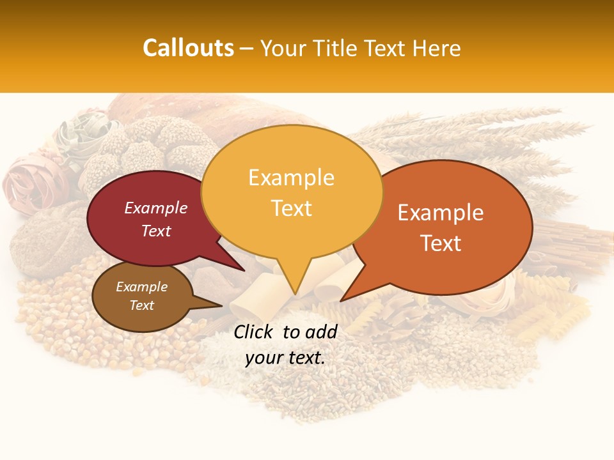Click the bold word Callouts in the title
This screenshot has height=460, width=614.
pyautogui.click(x=188, y=48)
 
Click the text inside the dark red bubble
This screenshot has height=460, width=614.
pyautogui.click(x=156, y=219)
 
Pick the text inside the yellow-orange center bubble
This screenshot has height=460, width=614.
pyautogui.click(x=292, y=193)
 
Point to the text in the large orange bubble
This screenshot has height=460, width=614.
pyautogui.click(x=441, y=227)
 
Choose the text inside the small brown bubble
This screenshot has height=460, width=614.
pyautogui.click(x=142, y=296)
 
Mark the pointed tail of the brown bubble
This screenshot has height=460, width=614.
pyautogui.click(x=214, y=305)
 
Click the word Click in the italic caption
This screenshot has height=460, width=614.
pyautogui.click(x=254, y=332)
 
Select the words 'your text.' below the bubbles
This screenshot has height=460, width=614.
pyautogui.click(x=285, y=358)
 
